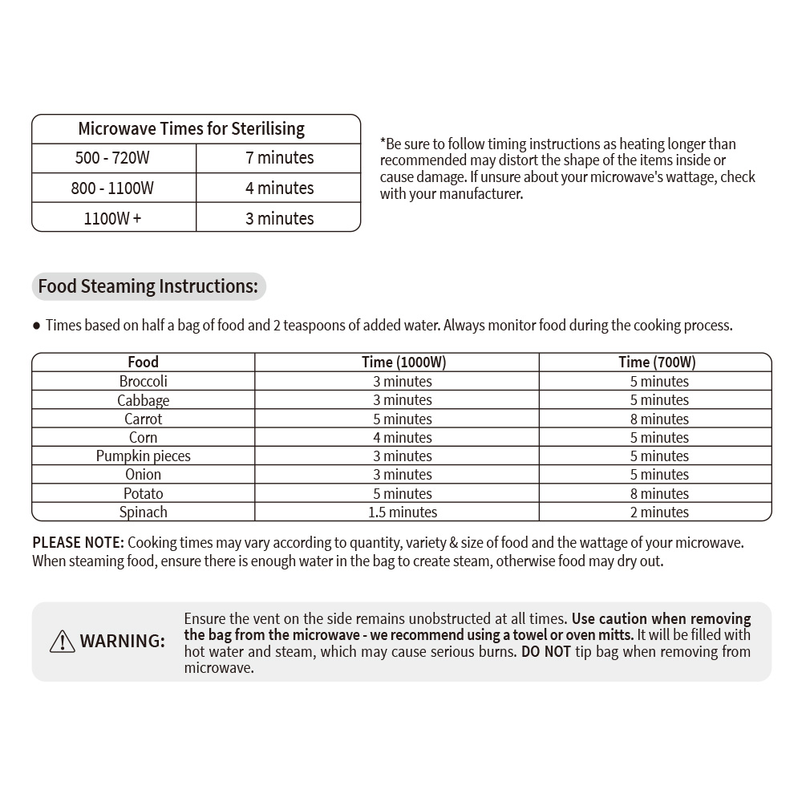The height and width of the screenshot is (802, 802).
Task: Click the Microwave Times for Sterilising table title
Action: point(191,129)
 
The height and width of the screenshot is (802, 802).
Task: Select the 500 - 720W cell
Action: point(112,158)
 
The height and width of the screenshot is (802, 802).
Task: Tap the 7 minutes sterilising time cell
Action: point(279,158)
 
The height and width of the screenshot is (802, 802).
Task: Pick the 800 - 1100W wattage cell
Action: point(112,188)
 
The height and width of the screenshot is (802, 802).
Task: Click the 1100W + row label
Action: point(112,218)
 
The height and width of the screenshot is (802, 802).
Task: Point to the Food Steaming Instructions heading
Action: point(148,286)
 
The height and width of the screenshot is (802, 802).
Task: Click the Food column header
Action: point(144,363)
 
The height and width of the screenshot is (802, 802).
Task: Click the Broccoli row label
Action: point(144,382)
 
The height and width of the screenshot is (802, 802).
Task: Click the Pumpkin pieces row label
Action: point(144,456)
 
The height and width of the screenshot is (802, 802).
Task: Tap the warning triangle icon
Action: point(62,641)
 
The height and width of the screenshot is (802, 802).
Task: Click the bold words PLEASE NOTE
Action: point(78,543)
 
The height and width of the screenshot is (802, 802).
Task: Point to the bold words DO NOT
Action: point(545,651)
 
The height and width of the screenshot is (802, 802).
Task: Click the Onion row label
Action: point(144,475)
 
